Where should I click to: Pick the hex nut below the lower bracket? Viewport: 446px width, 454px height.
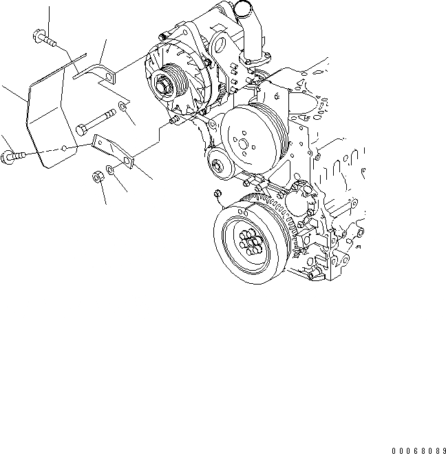(97, 177)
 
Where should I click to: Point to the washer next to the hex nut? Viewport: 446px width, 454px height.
(111, 169)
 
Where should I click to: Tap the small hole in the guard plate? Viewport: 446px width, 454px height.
(64, 147)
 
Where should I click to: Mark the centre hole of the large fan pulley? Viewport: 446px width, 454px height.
(245, 142)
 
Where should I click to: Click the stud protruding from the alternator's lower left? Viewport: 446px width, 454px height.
(175, 121)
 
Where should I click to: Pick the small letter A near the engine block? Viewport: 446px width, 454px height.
(359, 245)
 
